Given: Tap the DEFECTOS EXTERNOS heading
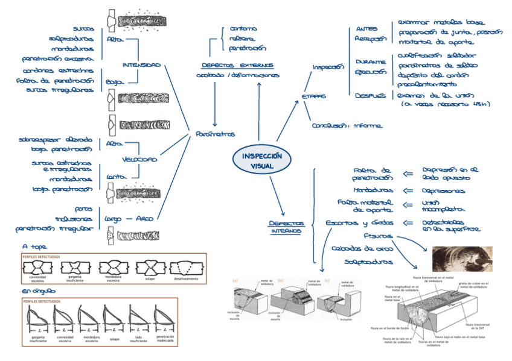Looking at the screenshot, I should point(237,65).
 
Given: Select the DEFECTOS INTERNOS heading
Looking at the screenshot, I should point(287,227).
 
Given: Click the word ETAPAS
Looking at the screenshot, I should point(314,96).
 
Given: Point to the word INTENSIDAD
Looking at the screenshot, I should point(141,65).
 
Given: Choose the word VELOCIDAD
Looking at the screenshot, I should point(139,160).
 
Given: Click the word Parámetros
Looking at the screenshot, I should point(216,134).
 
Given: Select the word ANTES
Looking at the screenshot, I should point(366,29).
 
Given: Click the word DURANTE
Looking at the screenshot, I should point(370,62).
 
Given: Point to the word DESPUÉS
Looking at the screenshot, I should point(370,95).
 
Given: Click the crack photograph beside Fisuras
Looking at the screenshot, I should point(462,259).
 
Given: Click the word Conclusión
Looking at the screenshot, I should point(329,126).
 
